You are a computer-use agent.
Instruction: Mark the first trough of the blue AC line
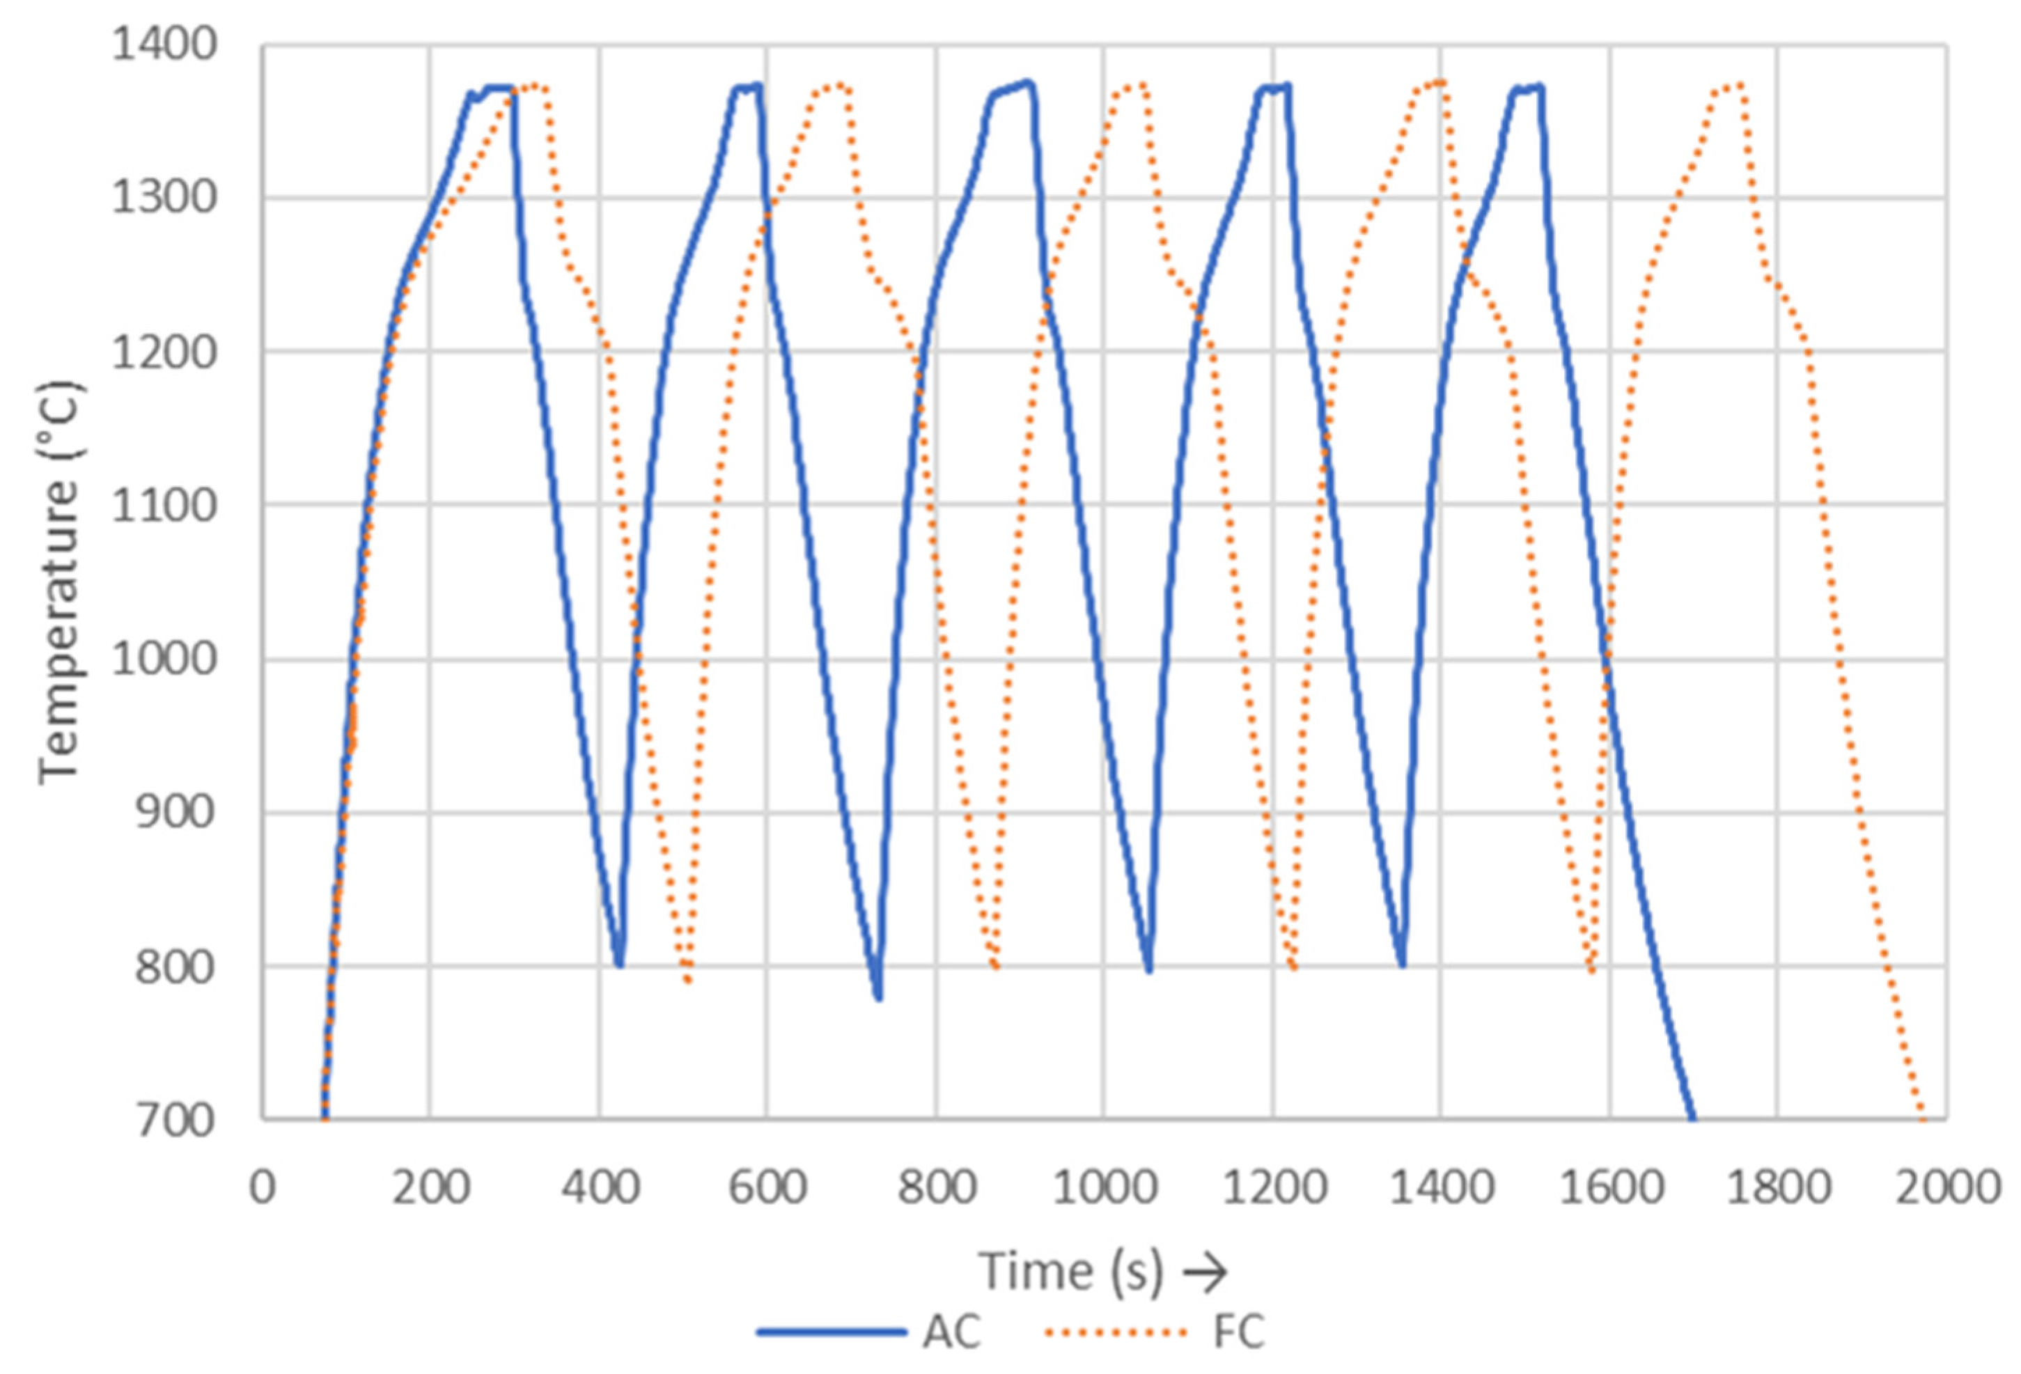point(619,965)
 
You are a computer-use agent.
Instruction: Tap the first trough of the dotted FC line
point(689,980)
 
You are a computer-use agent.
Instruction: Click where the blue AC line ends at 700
point(1692,1119)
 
